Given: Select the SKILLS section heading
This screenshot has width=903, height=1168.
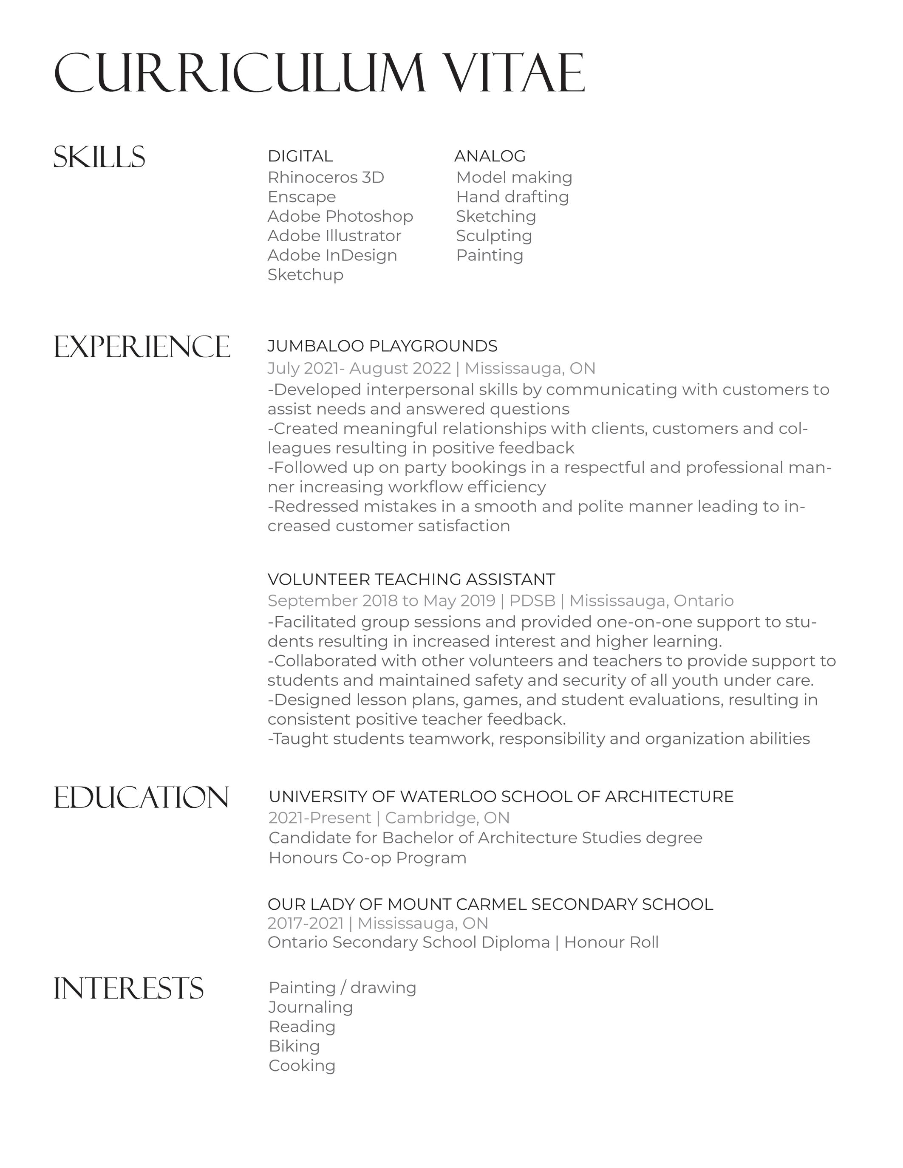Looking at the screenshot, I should [99, 157].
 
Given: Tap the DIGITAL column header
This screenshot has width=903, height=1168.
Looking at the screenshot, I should [300, 156].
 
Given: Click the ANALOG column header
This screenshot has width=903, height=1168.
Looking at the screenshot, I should [490, 156].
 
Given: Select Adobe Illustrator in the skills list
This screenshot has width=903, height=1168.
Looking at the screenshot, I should [334, 235].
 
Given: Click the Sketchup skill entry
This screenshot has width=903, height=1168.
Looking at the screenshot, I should [305, 274].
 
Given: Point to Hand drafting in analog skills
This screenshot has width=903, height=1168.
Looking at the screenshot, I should [512, 197].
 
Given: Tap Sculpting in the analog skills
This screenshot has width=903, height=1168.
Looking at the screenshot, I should [494, 235].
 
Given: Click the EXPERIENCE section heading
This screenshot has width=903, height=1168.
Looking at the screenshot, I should [142, 347].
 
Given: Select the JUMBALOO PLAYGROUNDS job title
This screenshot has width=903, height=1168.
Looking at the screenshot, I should [382, 346].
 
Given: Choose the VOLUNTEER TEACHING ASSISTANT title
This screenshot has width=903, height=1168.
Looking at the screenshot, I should [411, 579].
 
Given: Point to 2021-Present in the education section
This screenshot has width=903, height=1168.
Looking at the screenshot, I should [320, 818].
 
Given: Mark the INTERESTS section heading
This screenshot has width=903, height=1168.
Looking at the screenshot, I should [128, 988].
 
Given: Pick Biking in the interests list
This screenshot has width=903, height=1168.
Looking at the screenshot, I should [294, 1046].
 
